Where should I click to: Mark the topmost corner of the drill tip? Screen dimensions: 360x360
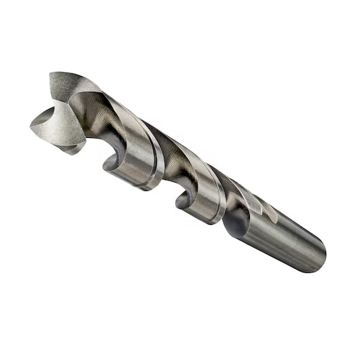tap(52, 72)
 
